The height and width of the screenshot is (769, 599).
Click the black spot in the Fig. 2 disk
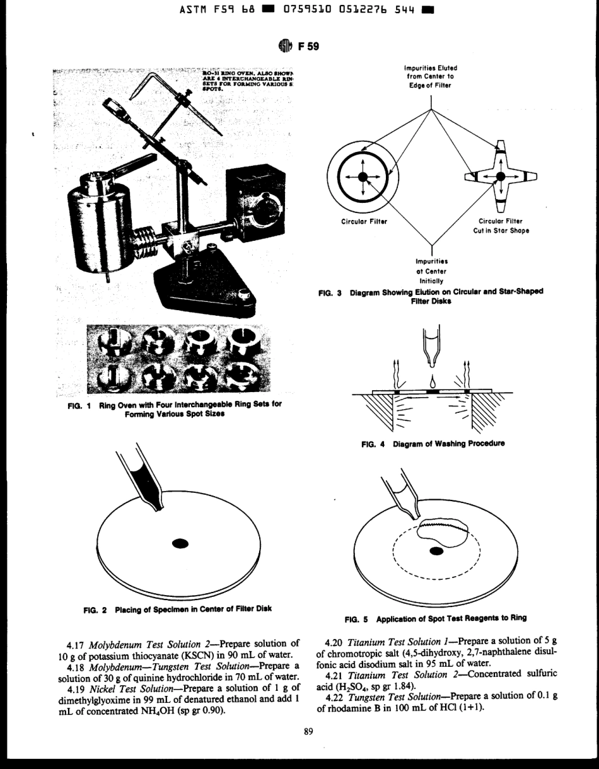tap(180, 543)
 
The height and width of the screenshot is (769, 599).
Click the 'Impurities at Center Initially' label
tap(431, 270)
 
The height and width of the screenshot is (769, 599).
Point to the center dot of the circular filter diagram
tap(362, 177)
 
